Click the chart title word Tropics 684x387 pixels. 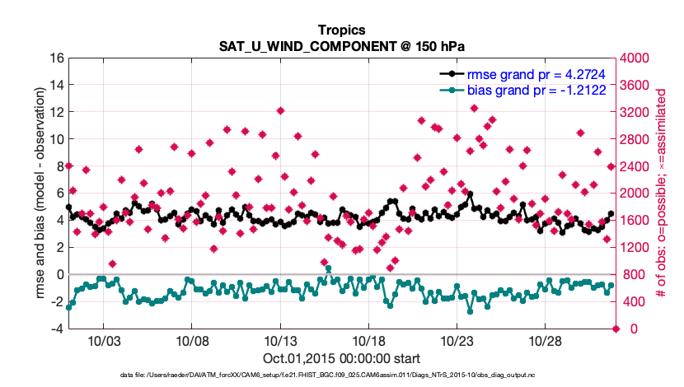coord(341,30)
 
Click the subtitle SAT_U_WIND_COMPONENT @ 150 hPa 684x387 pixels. coord(341,45)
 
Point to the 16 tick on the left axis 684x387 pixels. coord(57,58)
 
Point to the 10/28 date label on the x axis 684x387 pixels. coord(546,341)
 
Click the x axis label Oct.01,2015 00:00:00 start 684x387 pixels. coord(341,358)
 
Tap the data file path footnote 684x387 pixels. coord(341,375)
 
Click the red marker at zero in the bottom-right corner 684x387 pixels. coord(616,329)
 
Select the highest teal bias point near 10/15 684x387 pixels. coord(328,269)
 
